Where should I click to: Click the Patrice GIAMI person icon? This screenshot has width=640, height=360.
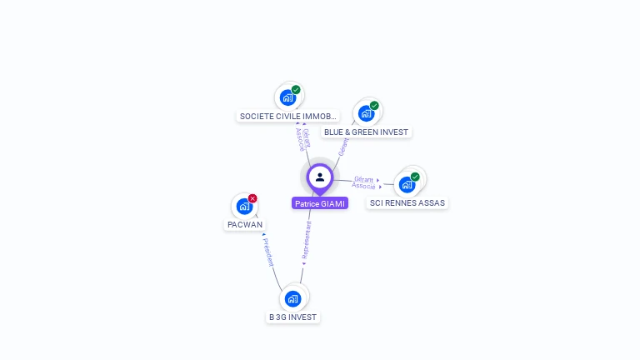click(320, 177)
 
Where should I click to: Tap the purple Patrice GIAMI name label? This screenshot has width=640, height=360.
click(320, 203)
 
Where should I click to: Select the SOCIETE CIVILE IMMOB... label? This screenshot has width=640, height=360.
click(287, 117)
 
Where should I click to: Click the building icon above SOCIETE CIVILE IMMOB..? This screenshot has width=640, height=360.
click(287, 97)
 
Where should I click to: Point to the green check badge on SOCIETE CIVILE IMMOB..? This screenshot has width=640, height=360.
click(296, 90)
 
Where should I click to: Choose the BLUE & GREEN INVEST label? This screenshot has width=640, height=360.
click(367, 132)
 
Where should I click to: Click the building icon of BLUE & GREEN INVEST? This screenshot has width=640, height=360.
click(366, 113)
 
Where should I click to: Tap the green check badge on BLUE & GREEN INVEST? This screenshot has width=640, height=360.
click(374, 106)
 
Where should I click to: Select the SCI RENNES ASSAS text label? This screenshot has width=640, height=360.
click(407, 202)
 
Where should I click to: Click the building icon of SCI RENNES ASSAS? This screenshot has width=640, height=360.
click(407, 184)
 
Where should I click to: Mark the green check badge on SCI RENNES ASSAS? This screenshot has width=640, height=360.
click(415, 177)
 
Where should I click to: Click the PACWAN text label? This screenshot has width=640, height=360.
click(245, 224)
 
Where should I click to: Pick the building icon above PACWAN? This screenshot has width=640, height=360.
click(244, 206)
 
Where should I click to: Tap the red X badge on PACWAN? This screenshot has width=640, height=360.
click(252, 198)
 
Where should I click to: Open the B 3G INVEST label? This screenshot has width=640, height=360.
click(292, 317)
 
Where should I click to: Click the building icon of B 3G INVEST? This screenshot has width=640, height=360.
click(292, 298)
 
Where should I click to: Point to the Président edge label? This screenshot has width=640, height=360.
click(267, 252)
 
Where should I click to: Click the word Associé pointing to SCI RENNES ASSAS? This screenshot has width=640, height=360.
click(363, 186)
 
